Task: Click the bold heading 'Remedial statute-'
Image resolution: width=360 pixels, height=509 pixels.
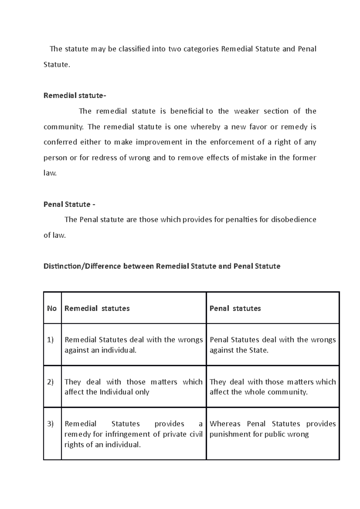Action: (75, 96)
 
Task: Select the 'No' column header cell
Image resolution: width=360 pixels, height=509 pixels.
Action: (52, 308)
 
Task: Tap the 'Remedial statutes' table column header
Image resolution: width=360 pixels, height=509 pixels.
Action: (97, 308)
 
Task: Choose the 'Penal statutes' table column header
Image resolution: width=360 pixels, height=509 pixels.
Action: (235, 308)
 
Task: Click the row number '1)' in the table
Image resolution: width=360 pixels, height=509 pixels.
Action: (50, 340)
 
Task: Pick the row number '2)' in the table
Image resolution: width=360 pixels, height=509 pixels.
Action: (50, 382)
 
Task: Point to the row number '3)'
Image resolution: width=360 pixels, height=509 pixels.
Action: (50, 424)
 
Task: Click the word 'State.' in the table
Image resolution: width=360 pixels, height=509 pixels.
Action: (259, 350)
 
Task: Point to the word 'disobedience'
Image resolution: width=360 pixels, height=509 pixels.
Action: (293, 220)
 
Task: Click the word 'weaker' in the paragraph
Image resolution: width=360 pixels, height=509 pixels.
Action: (246, 111)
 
